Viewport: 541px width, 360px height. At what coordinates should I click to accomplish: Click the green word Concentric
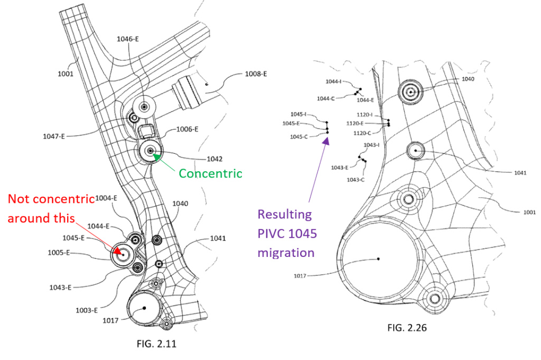pos(210,173)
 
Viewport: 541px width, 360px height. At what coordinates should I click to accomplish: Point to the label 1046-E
pos(128,39)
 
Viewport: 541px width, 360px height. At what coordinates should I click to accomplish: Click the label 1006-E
pos(186,129)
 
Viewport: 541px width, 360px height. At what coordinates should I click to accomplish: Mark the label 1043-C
pos(356,180)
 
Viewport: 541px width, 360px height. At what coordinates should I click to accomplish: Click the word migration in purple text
pos(286,253)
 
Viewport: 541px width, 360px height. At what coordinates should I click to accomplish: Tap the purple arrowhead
pos(327,140)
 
